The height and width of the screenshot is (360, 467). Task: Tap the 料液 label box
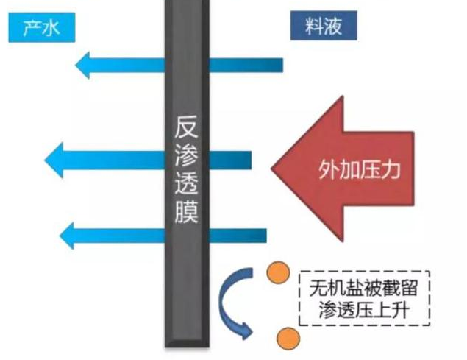tap(321, 27)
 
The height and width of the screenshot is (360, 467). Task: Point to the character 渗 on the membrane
tap(188, 155)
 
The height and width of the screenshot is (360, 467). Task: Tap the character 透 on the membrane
tap(188, 185)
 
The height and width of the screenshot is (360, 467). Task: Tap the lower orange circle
tap(288, 339)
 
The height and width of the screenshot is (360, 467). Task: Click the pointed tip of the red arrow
tap(274, 170)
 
